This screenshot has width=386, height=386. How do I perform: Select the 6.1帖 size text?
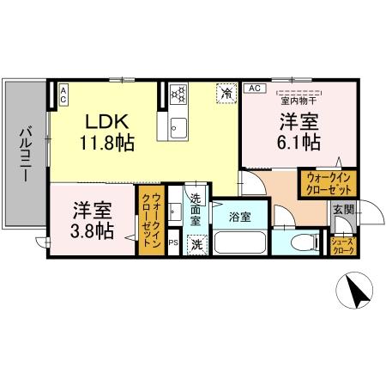[x=298, y=141]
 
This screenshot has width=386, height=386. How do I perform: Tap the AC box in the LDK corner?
[x=63, y=93]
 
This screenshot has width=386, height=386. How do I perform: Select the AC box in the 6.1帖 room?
[x=255, y=88]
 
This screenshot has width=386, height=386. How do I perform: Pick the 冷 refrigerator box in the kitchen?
[x=226, y=93]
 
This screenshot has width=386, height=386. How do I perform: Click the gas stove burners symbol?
[x=178, y=93]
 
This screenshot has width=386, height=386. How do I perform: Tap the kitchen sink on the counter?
[x=178, y=128]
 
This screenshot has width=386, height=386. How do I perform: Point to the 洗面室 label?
[x=196, y=210]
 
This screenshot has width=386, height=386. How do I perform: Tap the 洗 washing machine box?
[x=196, y=244]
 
